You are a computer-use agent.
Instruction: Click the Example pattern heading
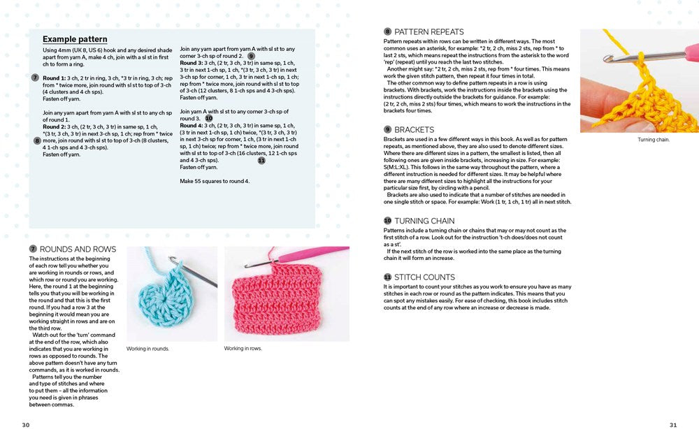(x=75, y=40)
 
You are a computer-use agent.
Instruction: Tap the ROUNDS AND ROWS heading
(x=78, y=249)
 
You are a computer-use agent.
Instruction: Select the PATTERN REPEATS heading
(x=428, y=31)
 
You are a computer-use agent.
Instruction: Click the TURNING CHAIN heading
(x=424, y=221)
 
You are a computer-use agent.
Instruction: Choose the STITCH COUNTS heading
(x=424, y=277)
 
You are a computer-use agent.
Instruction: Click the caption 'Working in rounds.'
(x=147, y=349)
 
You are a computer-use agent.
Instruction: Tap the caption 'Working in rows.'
(x=243, y=349)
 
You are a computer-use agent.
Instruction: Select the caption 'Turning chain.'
(x=654, y=140)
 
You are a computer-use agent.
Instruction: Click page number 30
(x=25, y=424)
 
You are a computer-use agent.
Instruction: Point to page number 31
(x=673, y=424)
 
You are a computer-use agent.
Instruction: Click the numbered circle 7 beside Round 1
(x=35, y=78)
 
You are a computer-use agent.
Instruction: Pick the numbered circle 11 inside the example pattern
(x=261, y=160)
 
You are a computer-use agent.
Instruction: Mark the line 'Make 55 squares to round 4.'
(x=215, y=181)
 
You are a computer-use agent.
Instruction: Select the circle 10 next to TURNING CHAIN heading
(x=387, y=221)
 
